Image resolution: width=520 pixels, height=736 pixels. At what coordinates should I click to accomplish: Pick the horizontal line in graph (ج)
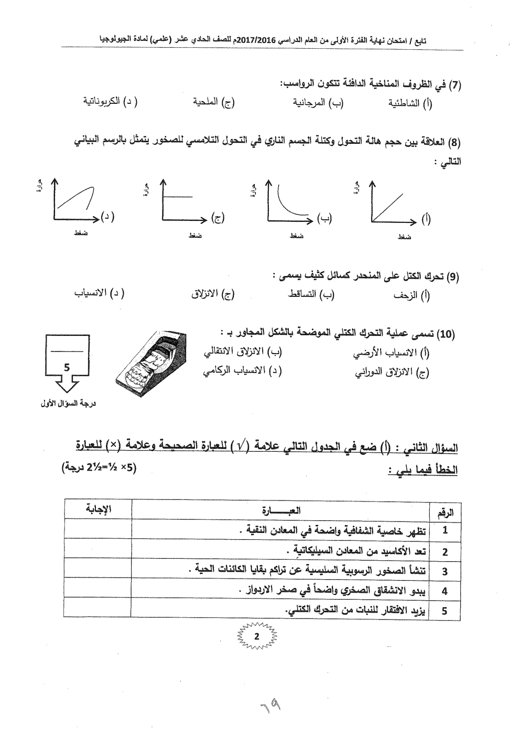180,197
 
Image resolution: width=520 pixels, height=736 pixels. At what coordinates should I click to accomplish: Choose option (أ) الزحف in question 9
412,295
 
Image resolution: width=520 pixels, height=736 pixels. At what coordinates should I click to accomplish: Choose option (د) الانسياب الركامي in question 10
242,371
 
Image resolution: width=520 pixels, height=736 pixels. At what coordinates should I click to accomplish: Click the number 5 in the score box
67,368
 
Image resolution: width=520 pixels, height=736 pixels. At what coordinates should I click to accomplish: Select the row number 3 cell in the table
445,571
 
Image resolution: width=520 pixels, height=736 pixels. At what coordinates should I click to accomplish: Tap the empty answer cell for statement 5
98,611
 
